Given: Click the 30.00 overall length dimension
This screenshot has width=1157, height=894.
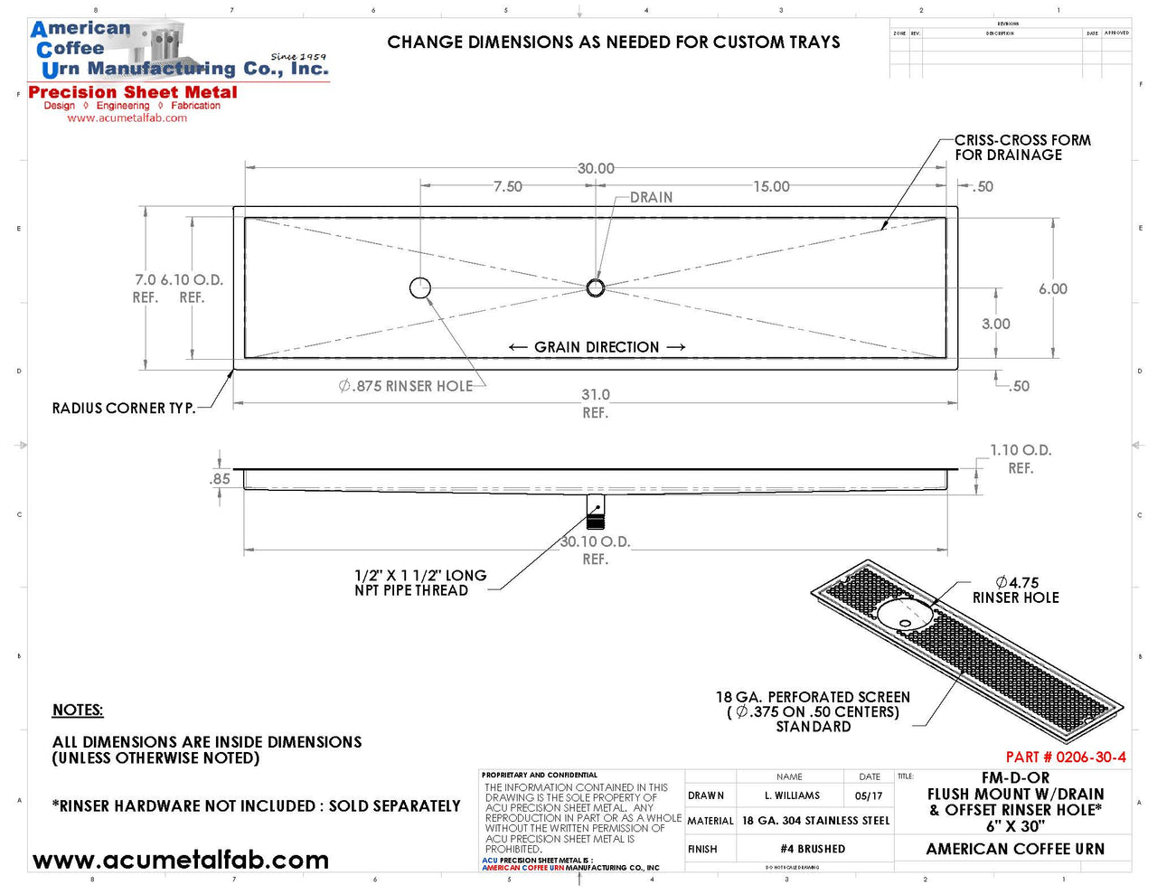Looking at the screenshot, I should coord(596,169).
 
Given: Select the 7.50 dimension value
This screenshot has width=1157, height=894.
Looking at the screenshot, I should coord(507,187).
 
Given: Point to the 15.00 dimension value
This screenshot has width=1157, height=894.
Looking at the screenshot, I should coord(771,187).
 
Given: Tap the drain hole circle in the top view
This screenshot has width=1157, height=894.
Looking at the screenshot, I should coord(595,287).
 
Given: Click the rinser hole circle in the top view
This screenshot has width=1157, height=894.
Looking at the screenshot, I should coord(420,287).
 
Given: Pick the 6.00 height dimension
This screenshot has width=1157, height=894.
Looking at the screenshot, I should coord(1052,289).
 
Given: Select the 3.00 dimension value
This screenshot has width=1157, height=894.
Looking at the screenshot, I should coord(995,325).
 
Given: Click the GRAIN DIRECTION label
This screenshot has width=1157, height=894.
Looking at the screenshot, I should coord(597,347).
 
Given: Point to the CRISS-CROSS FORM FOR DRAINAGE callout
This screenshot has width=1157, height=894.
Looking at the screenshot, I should coord(1022,147).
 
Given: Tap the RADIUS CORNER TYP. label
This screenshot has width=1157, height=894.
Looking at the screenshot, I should coord(124,409).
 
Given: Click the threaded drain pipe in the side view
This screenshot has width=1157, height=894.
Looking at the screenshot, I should coord(595,511).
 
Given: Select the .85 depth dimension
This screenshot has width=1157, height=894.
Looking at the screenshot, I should coord(220,479).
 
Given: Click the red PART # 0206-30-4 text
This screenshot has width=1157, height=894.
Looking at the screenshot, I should coord(1066,758).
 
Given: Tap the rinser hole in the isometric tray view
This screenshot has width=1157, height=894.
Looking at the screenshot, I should coord(904,615).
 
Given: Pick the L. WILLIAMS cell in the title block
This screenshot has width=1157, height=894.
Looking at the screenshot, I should coord(792,796).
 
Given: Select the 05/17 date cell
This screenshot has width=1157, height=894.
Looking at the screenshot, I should coord(868,796).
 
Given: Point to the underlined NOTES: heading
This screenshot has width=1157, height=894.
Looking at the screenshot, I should coord(78,710).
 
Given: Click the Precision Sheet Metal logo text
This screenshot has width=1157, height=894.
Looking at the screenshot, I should coord(133,92).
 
